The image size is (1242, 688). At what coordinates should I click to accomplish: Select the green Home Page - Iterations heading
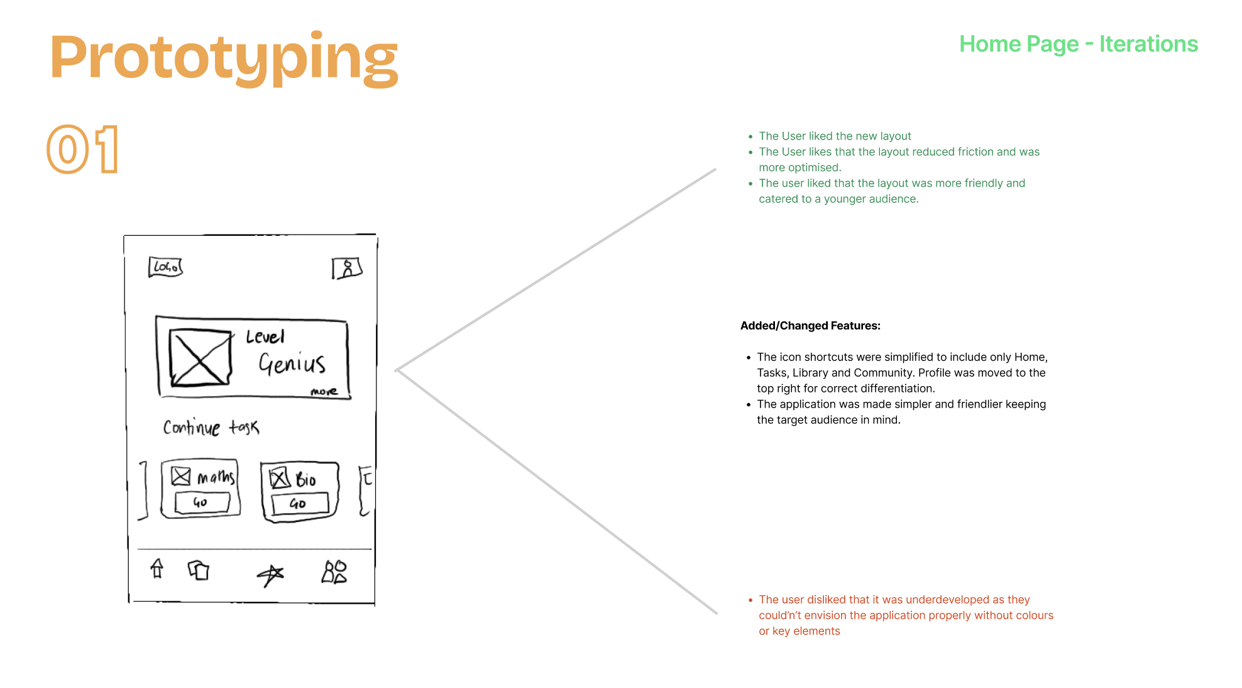pos(1078,44)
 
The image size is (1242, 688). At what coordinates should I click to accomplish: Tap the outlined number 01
pos(83,150)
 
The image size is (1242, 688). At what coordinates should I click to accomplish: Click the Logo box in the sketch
pos(165,267)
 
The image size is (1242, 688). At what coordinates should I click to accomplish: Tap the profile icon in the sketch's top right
pos(347,269)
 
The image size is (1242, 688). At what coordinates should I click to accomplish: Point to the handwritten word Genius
pos(292,363)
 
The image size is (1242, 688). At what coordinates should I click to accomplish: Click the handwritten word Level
pos(265,337)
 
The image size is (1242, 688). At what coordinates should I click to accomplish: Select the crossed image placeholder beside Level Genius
pos(201,357)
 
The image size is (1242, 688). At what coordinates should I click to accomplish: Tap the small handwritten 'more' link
pos(324,392)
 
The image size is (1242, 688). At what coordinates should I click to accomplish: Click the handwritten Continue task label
pos(211,428)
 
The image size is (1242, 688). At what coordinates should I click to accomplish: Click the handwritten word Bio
pos(305,480)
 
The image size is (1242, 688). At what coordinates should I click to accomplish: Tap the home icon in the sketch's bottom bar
pos(157,569)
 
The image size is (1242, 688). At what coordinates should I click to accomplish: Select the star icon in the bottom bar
pos(270,574)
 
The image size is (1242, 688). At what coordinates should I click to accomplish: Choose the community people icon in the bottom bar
pos(334,572)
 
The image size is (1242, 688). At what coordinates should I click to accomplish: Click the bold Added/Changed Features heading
pos(810,326)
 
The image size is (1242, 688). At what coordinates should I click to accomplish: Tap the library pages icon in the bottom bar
pos(199,570)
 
